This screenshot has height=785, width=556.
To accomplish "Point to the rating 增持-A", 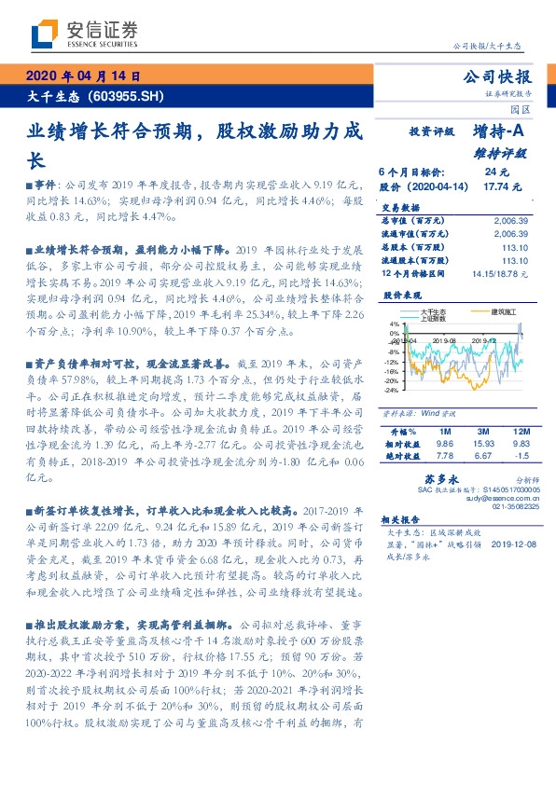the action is (498, 133).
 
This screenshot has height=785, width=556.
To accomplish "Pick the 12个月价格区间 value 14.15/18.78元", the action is (499, 274).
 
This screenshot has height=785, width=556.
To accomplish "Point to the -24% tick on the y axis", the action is (391, 392).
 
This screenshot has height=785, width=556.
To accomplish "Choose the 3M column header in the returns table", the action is (482, 432).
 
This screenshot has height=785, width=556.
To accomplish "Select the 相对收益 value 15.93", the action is (482, 445).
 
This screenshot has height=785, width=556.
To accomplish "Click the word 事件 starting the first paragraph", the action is (46, 186).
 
